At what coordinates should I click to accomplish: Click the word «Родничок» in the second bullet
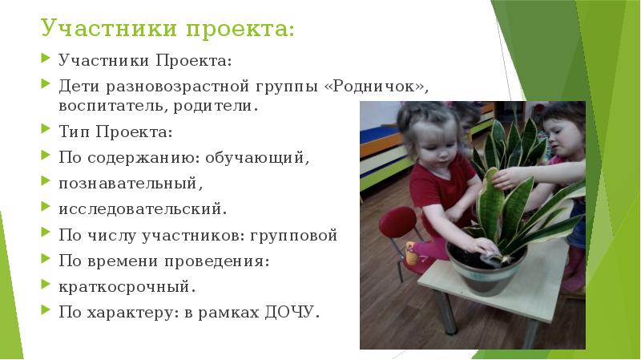click(x=376, y=86)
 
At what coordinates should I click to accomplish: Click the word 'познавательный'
click(x=127, y=184)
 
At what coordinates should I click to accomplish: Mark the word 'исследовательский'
click(x=142, y=209)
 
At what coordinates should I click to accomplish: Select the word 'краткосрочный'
click(x=126, y=286)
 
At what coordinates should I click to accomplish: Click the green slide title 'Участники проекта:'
click(x=167, y=30)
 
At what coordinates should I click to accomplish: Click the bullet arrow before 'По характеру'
click(x=46, y=312)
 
